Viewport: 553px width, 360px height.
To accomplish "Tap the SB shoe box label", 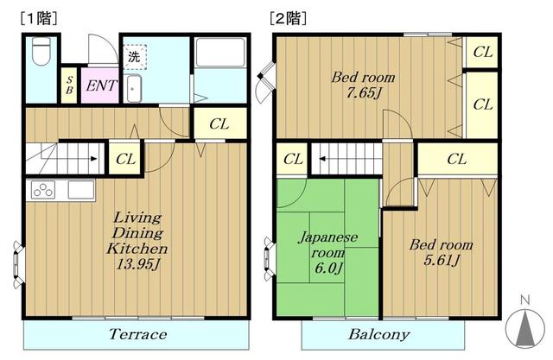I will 69,87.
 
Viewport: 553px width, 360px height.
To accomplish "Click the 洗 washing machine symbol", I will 134,58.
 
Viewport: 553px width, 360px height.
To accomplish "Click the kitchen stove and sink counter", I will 61,190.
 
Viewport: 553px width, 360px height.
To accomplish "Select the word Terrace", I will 137,334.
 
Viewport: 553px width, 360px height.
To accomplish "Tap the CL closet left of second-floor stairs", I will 293,159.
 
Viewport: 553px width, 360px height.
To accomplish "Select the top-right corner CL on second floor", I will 482,53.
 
